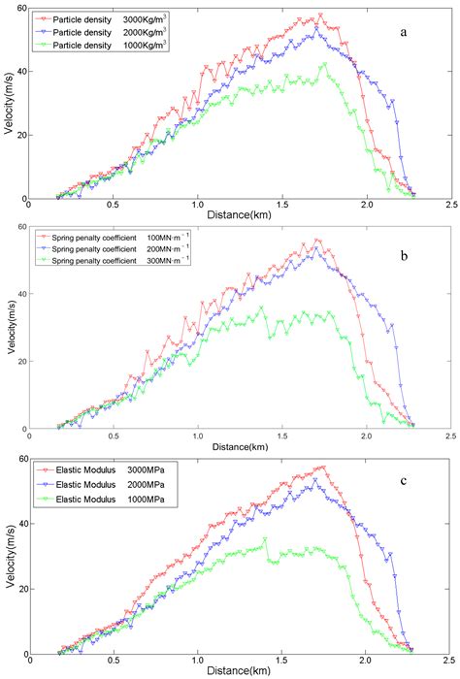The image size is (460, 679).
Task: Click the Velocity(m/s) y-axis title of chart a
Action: (9, 104)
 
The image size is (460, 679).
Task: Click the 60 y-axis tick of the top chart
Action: (21, 8)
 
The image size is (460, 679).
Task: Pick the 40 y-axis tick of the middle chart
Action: (21, 293)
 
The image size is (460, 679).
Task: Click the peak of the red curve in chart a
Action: (321, 15)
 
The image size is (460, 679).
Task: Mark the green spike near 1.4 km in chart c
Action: (265, 539)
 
